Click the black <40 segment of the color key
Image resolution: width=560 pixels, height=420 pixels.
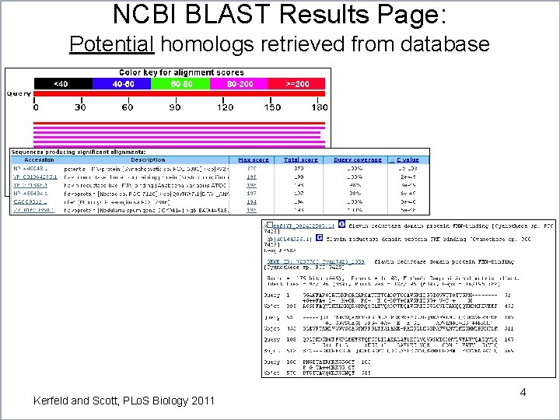[61, 83]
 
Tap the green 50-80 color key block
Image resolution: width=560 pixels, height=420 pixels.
[181, 83]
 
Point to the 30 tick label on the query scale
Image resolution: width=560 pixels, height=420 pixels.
[81, 107]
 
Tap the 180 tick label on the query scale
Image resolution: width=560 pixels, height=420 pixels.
[319, 107]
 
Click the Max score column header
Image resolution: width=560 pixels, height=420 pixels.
[254, 160]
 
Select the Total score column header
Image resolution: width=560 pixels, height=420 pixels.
[301, 160]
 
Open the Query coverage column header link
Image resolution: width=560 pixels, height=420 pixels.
[358, 160]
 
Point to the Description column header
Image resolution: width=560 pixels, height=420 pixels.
[148, 160]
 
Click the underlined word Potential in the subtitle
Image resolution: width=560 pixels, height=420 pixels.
[110, 44]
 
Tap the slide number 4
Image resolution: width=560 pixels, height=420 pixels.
[523, 392]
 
